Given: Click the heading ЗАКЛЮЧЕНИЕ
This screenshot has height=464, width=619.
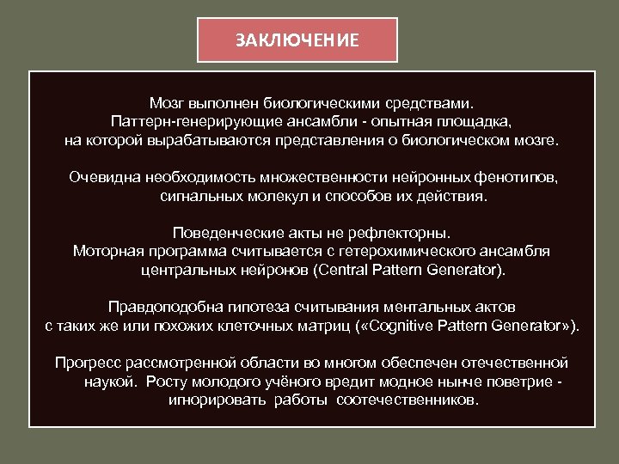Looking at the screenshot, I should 297,40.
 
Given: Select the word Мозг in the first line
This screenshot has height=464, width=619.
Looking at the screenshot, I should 166,101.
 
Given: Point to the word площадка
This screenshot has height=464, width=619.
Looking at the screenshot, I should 479,119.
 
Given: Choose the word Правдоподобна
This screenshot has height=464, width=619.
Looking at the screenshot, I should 156,307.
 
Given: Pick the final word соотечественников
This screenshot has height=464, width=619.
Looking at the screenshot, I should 408,400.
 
